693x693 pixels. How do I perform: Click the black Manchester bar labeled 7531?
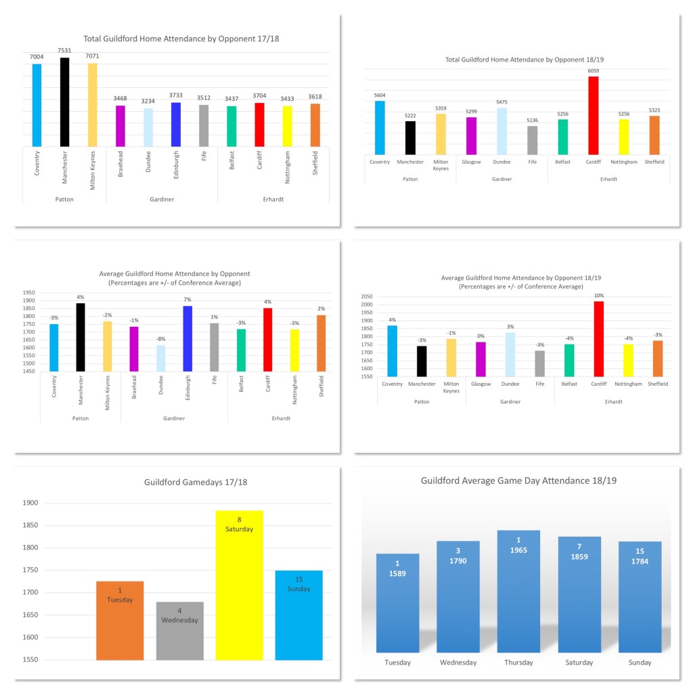(64, 102)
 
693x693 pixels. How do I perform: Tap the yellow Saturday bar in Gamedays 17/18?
(239, 585)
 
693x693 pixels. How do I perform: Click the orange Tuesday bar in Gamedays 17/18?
(120, 620)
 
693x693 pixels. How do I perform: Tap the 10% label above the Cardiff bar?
(598, 296)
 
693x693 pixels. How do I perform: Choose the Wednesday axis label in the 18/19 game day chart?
(458, 663)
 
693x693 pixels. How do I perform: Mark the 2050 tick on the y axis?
(365, 296)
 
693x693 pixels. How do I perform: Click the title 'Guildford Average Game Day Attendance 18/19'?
(518, 480)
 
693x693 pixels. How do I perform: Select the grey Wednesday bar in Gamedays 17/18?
(179, 630)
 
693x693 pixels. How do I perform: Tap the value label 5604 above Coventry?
(380, 95)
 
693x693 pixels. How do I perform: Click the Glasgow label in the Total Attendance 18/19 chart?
(471, 162)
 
